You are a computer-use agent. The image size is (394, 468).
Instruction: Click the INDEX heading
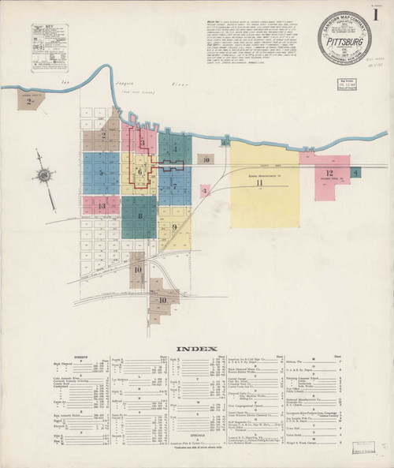[x=191, y=348]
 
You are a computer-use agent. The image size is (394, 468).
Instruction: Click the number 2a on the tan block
[x=30, y=101]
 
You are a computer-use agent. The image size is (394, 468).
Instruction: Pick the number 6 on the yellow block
[x=139, y=170]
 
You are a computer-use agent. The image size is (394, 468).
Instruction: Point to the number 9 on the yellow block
[x=174, y=229]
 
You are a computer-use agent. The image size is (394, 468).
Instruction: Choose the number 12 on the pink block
[x=330, y=173]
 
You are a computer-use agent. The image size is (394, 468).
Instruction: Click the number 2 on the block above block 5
[x=104, y=135]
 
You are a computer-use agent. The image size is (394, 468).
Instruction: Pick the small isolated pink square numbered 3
[x=205, y=191]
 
